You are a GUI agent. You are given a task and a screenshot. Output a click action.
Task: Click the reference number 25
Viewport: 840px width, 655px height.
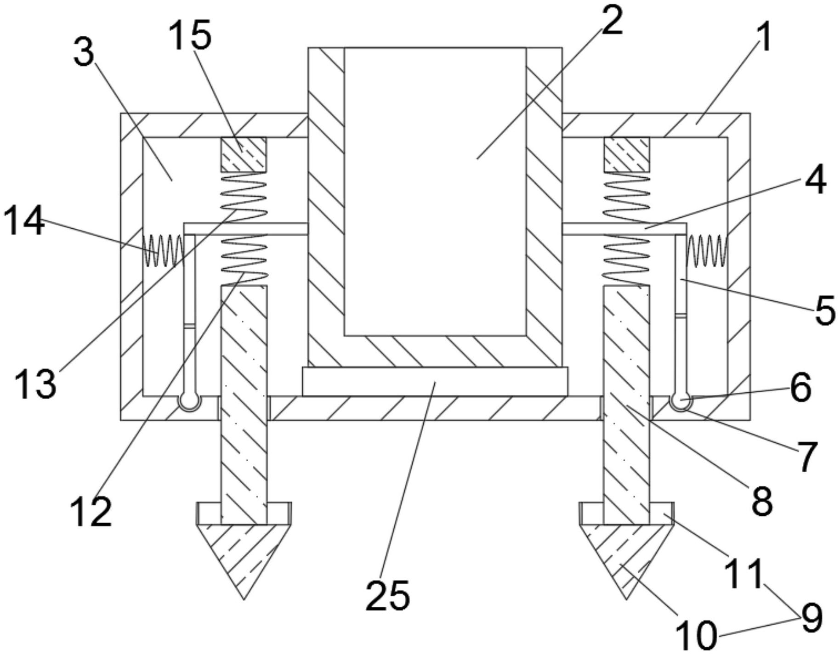[x=387, y=595]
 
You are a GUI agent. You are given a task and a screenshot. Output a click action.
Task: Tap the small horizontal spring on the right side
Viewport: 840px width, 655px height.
[x=707, y=250]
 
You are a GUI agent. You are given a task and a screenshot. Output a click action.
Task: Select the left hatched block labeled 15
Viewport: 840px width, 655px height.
[x=244, y=154]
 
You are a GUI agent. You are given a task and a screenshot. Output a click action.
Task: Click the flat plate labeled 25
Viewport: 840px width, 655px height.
[x=435, y=381]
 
